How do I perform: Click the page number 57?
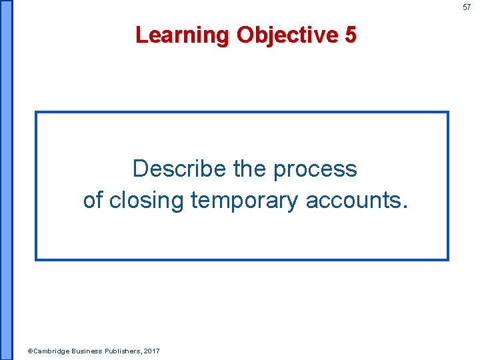pos(467,7)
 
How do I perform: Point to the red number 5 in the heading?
pos(351,34)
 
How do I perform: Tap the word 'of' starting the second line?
pos(93,199)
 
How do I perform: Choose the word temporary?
pos(245,201)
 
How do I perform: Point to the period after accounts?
pos(403,207)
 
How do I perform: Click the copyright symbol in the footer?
pos(29,351)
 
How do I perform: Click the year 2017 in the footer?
pos(151,351)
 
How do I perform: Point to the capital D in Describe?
pos(139,169)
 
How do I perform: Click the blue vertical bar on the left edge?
pos(6,180)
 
